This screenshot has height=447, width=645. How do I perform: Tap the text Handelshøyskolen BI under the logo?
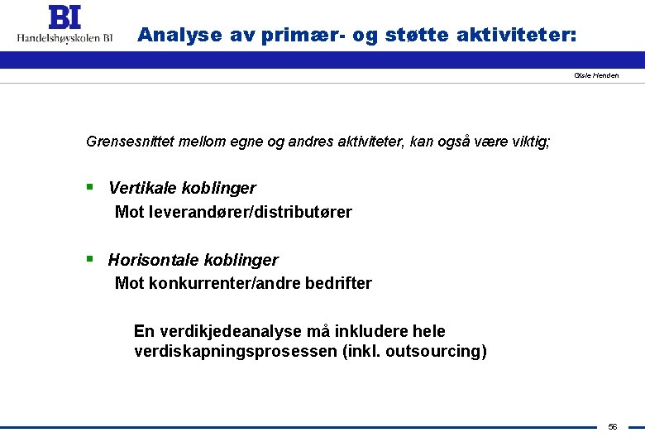[64, 36]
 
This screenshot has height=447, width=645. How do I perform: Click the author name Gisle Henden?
[596, 75]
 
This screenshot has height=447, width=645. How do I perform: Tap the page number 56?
[613, 426]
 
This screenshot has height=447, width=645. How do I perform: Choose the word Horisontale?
[150, 260]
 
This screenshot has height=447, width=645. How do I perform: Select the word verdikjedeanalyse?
[227, 331]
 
